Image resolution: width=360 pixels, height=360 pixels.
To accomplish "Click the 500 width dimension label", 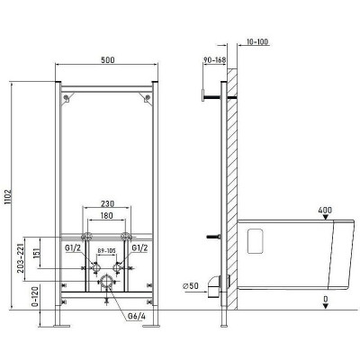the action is point(107,60).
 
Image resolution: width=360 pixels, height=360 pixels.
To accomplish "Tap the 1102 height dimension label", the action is point(8,196).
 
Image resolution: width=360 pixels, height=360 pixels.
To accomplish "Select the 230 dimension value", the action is point(107,203).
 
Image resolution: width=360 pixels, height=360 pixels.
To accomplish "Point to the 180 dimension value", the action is point(106,215).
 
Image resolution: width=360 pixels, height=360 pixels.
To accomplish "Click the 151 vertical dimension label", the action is point(36,253).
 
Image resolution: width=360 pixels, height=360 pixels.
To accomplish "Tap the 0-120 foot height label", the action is point(35,297).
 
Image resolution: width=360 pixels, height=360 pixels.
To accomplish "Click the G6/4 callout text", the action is point(137,316).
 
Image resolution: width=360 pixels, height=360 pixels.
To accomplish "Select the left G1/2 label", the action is point(74,248).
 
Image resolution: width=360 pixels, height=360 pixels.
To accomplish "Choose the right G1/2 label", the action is point(139,248).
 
